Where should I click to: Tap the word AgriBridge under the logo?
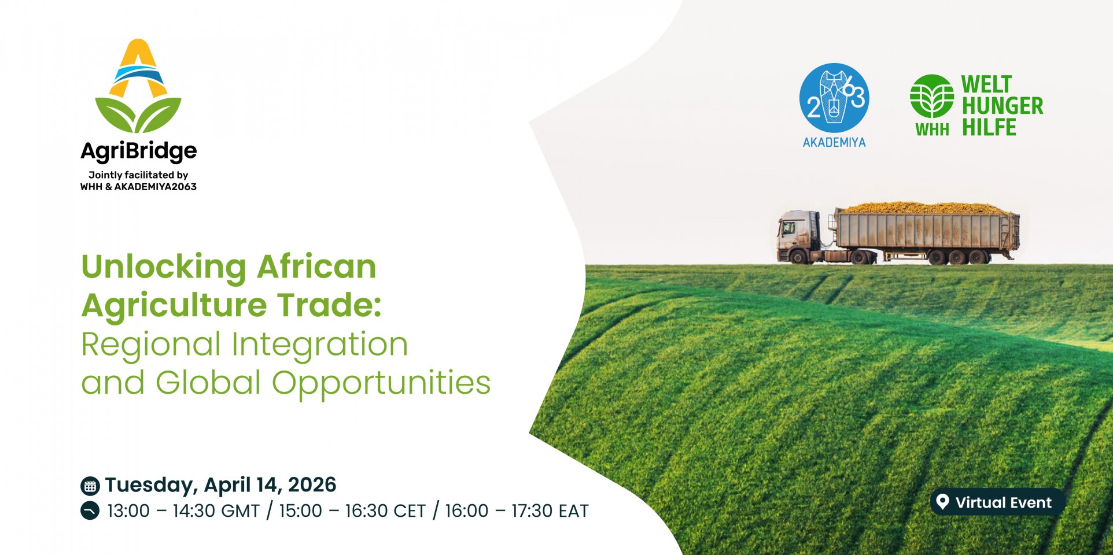(x=139, y=151)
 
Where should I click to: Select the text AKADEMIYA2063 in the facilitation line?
(x=156, y=187)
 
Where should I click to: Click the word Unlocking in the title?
(x=164, y=268)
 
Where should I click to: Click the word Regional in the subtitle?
(x=151, y=345)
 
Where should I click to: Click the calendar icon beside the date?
(x=90, y=486)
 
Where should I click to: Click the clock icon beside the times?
(x=90, y=511)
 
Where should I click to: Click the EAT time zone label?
(x=573, y=511)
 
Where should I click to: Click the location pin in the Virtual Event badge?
(x=942, y=502)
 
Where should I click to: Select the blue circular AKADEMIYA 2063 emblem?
(x=834, y=97)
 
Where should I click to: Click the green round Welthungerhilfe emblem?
(x=931, y=96)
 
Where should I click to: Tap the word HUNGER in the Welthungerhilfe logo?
(x=1003, y=106)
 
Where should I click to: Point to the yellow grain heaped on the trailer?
(x=926, y=208)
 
